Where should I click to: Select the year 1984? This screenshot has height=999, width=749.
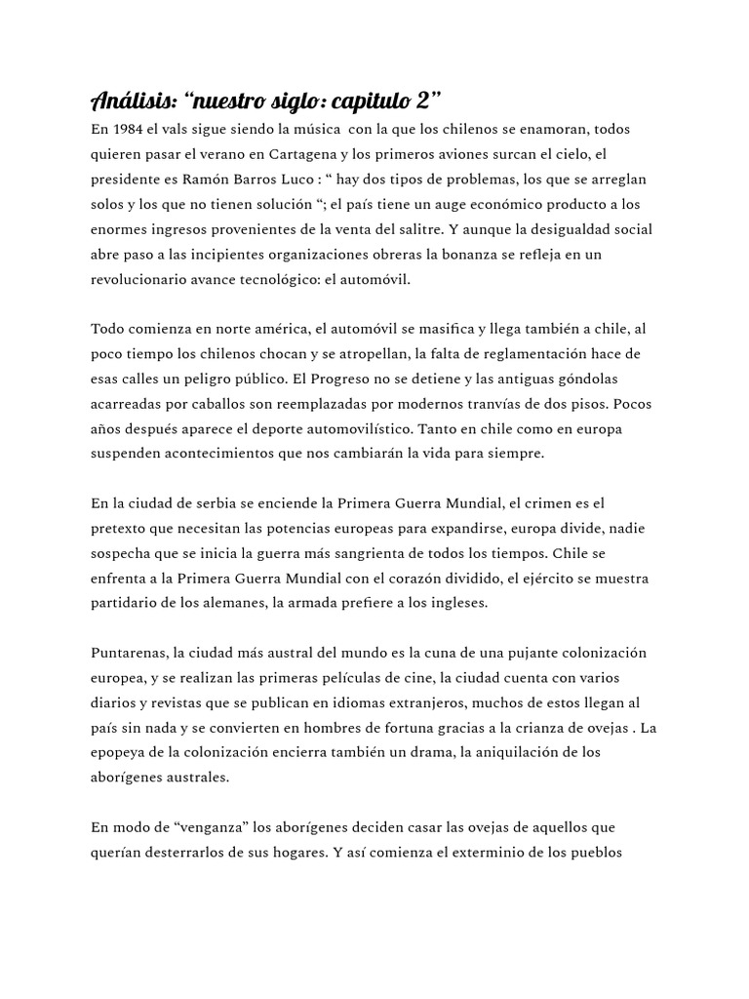(128, 129)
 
